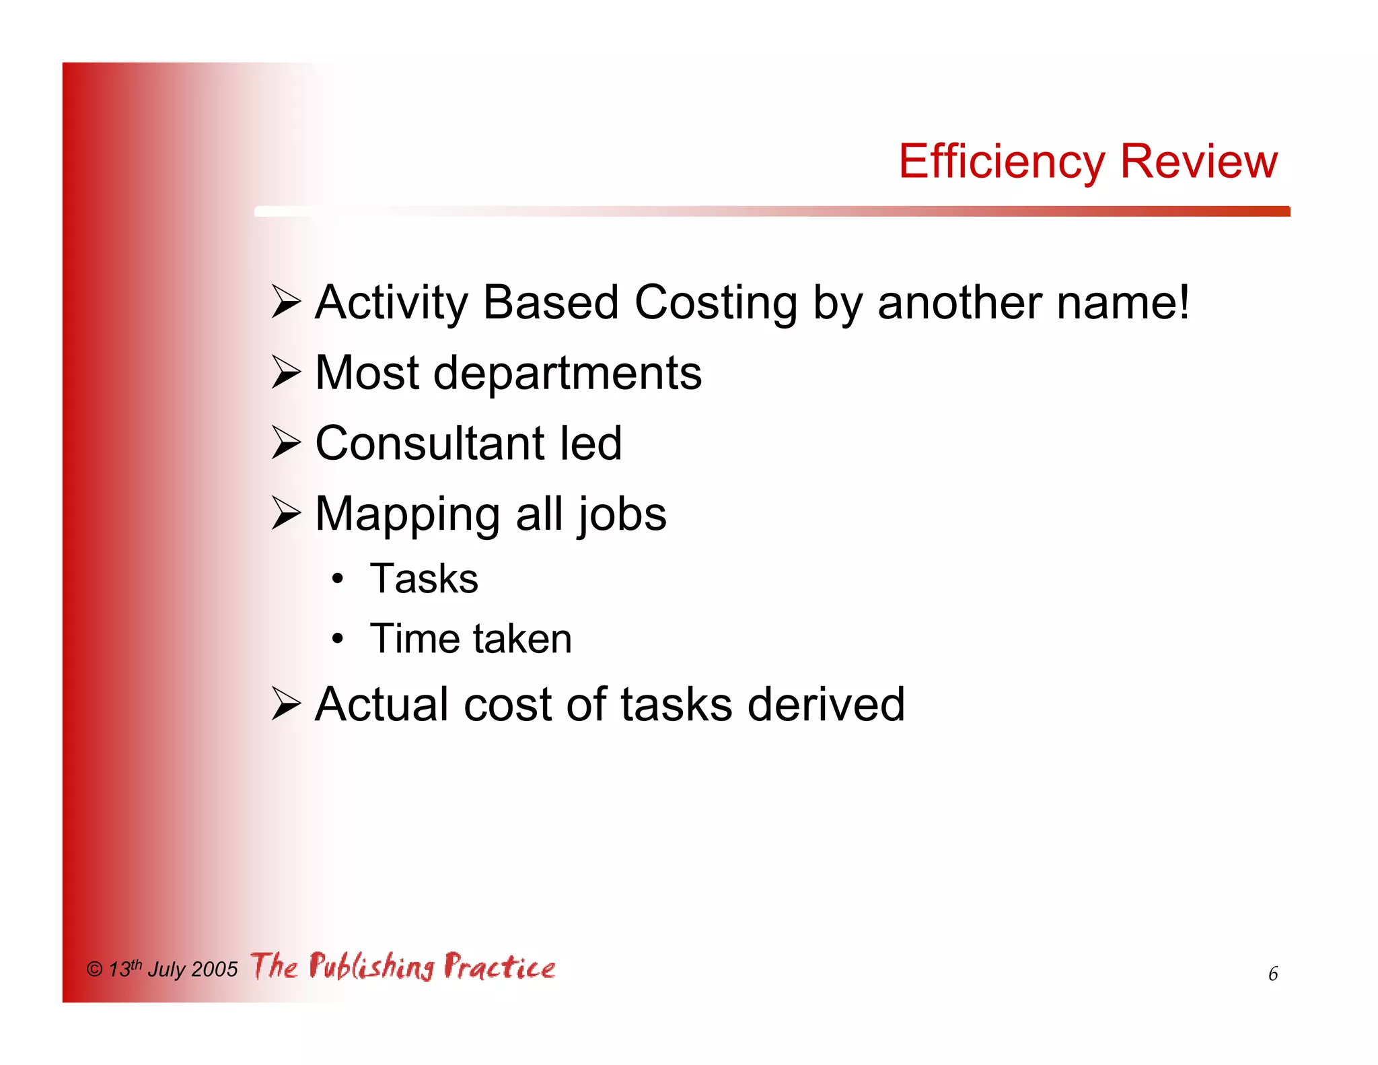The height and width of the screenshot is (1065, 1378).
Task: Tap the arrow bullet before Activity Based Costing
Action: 286,302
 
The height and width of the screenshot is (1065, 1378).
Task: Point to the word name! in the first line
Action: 1122,303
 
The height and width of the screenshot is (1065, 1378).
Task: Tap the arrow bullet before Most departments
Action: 286,372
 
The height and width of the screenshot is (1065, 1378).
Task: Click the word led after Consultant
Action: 591,444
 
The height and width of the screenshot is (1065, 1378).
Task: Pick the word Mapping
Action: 407,516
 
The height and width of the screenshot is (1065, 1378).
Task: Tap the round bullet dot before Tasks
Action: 338,578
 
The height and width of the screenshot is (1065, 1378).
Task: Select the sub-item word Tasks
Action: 424,578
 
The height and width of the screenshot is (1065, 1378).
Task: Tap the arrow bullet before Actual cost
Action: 286,704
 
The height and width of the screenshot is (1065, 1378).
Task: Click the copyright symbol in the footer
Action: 94,969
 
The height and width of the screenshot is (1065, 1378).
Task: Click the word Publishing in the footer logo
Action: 372,967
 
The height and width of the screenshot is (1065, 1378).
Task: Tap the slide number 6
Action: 1272,974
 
